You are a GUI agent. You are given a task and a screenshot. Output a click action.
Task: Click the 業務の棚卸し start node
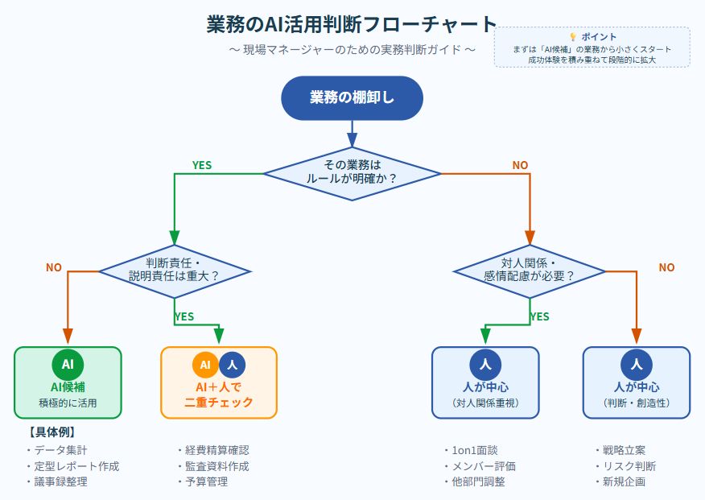coord(352,97)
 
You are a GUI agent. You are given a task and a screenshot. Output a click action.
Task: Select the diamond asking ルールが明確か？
coord(352,173)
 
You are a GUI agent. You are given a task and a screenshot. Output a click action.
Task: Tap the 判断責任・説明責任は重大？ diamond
coord(175,270)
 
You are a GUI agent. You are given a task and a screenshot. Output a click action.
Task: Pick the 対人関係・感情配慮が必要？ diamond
coord(530,270)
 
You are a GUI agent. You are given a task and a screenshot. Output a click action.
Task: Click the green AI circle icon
coord(68,365)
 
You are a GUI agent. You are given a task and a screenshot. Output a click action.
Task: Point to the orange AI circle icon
coord(205,365)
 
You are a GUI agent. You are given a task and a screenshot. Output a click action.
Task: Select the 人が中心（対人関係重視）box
coord(485,382)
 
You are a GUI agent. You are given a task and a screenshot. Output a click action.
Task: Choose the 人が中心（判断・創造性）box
coord(636,382)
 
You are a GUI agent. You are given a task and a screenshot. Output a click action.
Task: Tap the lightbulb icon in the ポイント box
coord(573,37)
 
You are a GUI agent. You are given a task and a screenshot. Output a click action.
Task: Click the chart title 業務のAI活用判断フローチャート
coord(352,24)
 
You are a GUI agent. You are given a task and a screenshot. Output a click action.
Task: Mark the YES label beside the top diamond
coord(202,165)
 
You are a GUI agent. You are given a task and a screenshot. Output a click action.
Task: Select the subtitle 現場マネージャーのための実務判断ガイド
coord(352,50)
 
